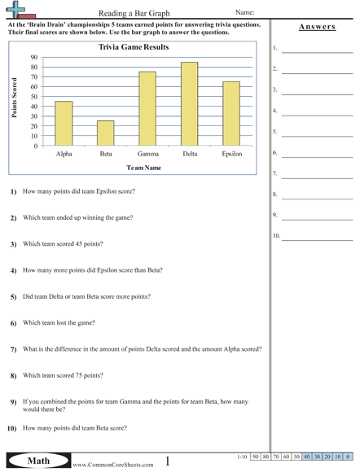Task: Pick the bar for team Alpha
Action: pyautogui.click(x=64, y=124)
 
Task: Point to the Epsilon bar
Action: pyautogui.click(x=231, y=114)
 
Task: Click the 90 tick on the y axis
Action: pyautogui.click(x=33, y=57)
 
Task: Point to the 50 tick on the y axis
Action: pyautogui.click(x=33, y=97)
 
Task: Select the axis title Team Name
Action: pyautogui.click(x=143, y=168)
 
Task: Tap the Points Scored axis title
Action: pyautogui.click(x=15, y=99)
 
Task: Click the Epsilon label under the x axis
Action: pyautogui.click(x=231, y=153)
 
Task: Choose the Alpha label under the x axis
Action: pyautogui.click(x=64, y=153)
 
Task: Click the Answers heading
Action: pyautogui.click(x=317, y=26)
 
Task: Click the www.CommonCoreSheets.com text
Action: pyautogui.click(x=112, y=465)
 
